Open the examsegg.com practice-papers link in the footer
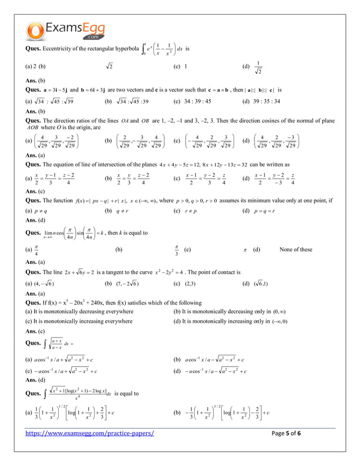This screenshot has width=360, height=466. (x=90, y=433)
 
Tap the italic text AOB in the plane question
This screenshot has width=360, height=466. (x=33, y=128)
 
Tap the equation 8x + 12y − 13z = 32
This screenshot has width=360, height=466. (x=229, y=165)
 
